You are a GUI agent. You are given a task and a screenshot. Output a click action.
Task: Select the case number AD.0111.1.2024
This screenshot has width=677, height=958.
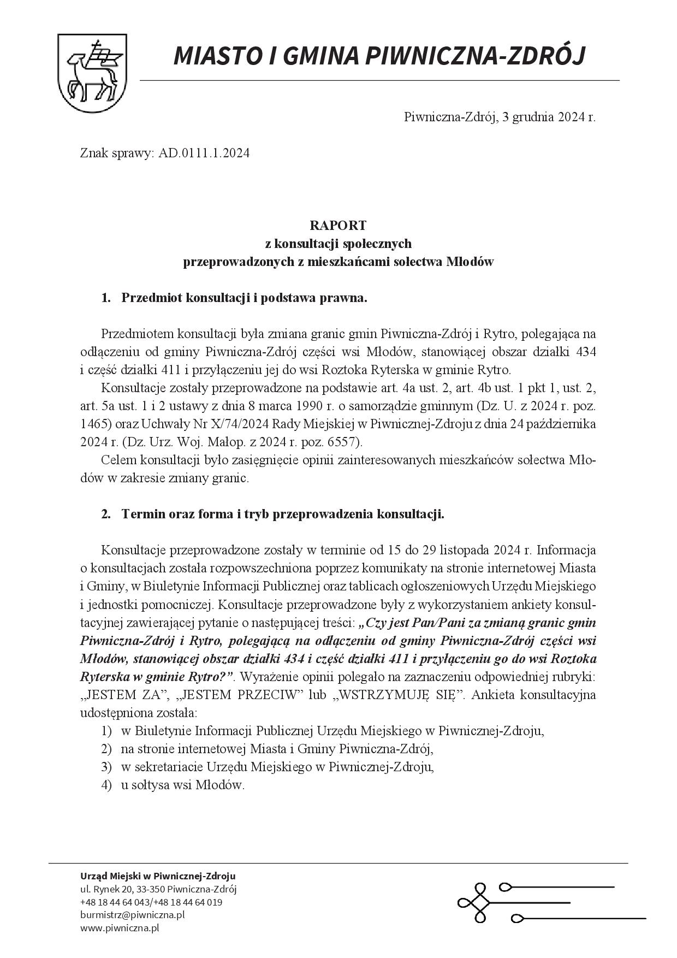point(204,153)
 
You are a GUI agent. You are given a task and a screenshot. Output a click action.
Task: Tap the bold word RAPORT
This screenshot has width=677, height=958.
point(338,225)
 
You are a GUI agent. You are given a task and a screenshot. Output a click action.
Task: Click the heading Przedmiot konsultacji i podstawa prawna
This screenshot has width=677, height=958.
point(244,298)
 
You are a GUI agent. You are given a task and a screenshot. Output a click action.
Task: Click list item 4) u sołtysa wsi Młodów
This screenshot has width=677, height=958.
point(182,785)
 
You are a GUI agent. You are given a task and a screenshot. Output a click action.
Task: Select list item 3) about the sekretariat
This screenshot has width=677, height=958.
point(277,767)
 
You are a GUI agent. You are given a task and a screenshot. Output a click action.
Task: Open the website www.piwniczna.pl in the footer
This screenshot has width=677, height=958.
point(120,927)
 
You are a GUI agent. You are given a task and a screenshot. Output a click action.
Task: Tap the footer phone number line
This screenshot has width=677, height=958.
point(151,902)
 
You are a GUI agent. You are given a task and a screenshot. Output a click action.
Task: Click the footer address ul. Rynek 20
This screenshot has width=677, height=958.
point(158,889)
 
